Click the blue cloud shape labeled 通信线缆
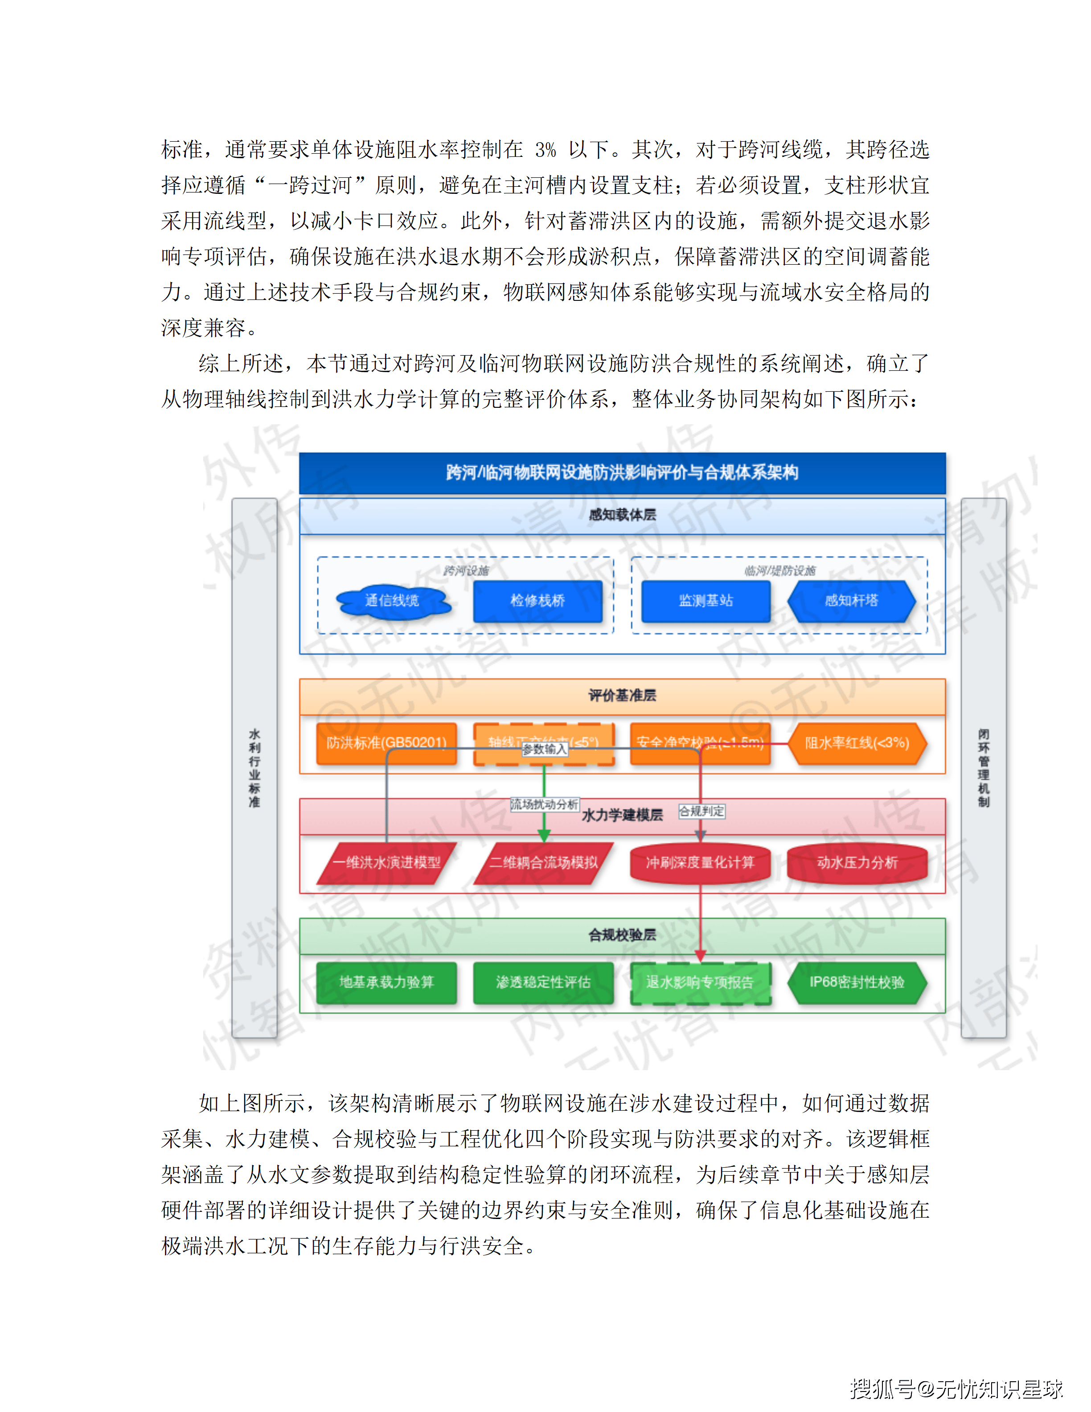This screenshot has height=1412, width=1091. (x=392, y=601)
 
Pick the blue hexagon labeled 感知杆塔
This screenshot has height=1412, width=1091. (x=851, y=601)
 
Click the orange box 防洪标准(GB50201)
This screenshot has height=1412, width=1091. (x=386, y=743)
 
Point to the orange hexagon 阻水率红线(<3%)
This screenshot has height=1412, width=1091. (x=857, y=743)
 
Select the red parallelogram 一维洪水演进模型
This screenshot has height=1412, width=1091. (x=386, y=863)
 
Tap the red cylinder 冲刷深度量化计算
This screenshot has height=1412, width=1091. (x=700, y=863)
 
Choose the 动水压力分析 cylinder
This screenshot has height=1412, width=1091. (x=857, y=863)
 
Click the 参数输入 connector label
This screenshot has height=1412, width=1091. (x=544, y=749)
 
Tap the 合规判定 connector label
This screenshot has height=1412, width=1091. (x=701, y=811)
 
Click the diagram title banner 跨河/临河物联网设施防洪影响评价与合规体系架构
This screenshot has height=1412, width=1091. (x=622, y=472)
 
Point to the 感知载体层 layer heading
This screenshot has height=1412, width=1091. (x=622, y=515)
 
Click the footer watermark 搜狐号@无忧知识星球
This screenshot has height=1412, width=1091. (x=956, y=1389)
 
